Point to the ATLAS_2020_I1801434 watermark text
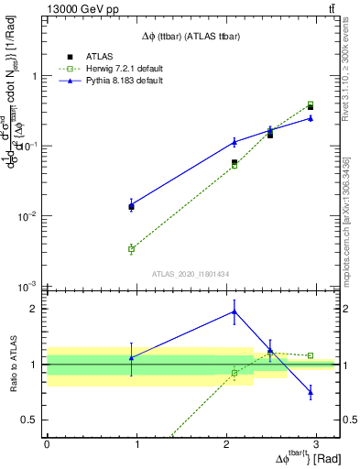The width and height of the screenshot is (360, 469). pyautogui.click(x=191, y=273)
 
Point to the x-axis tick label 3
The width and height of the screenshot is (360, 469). pyautogui.click(x=316, y=443)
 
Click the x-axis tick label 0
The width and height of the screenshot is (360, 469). pyautogui.click(x=47, y=443)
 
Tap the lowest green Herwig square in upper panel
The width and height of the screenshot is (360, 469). pyautogui.click(x=132, y=248)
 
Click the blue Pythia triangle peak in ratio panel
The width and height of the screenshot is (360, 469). pyautogui.click(x=235, y=311)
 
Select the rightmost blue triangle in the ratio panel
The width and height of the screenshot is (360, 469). pyautogui.click(x=311, y=392)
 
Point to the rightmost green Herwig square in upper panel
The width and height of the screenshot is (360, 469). pyautogui.click(x=311, y=104)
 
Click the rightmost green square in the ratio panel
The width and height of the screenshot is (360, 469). pyautogui.click(x=311, y=355)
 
